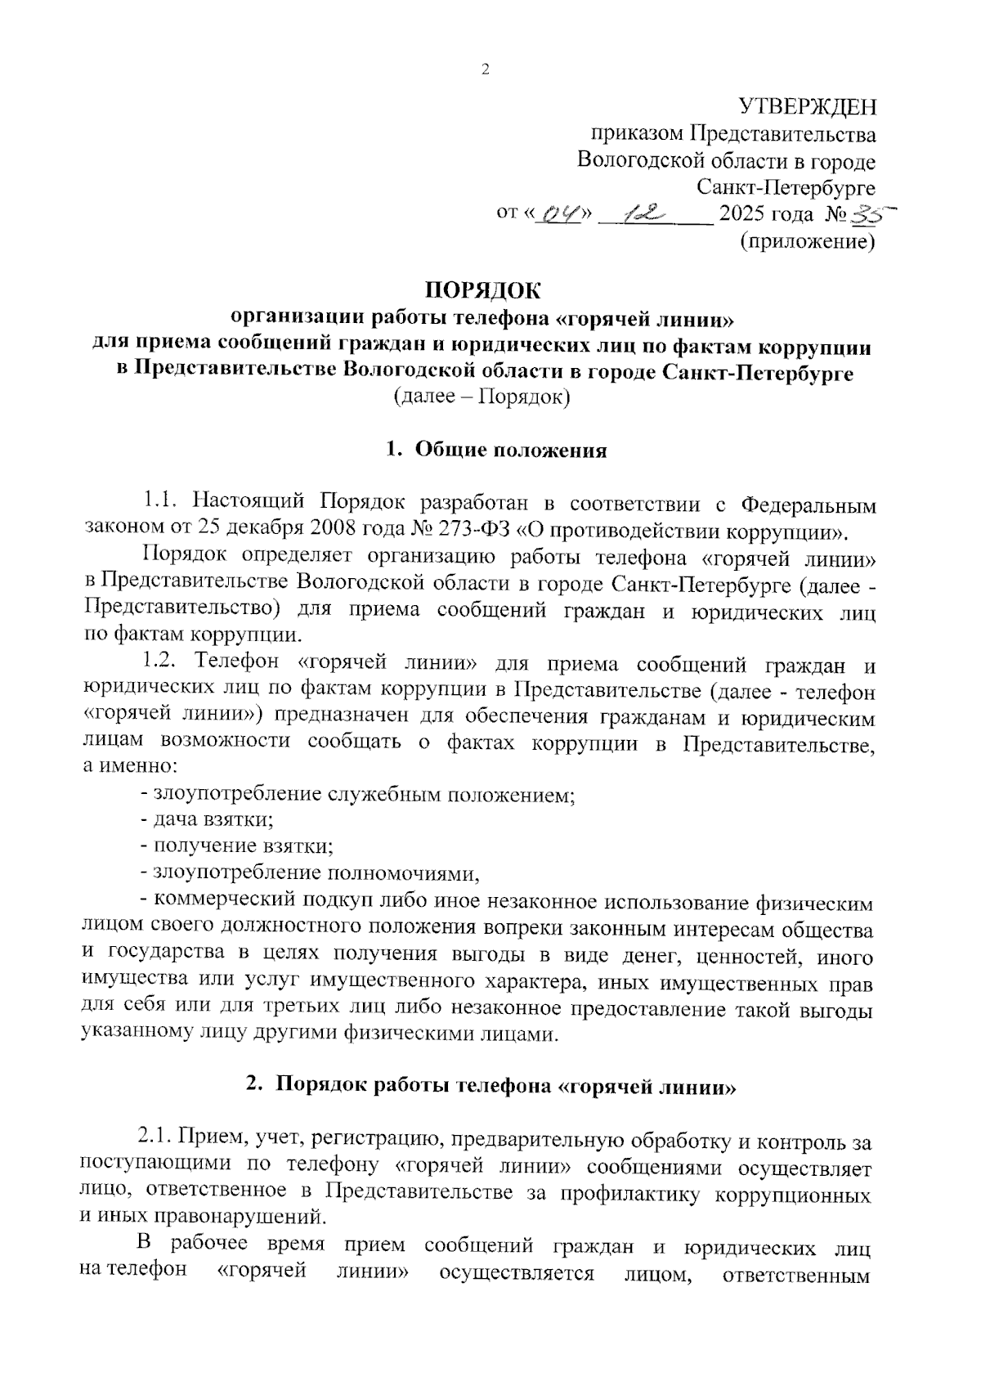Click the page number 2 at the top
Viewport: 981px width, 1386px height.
(x=485, y=70)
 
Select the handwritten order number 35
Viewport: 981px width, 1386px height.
(x=871, y=213)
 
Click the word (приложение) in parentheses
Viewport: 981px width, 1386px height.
(x=807, y=241)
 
